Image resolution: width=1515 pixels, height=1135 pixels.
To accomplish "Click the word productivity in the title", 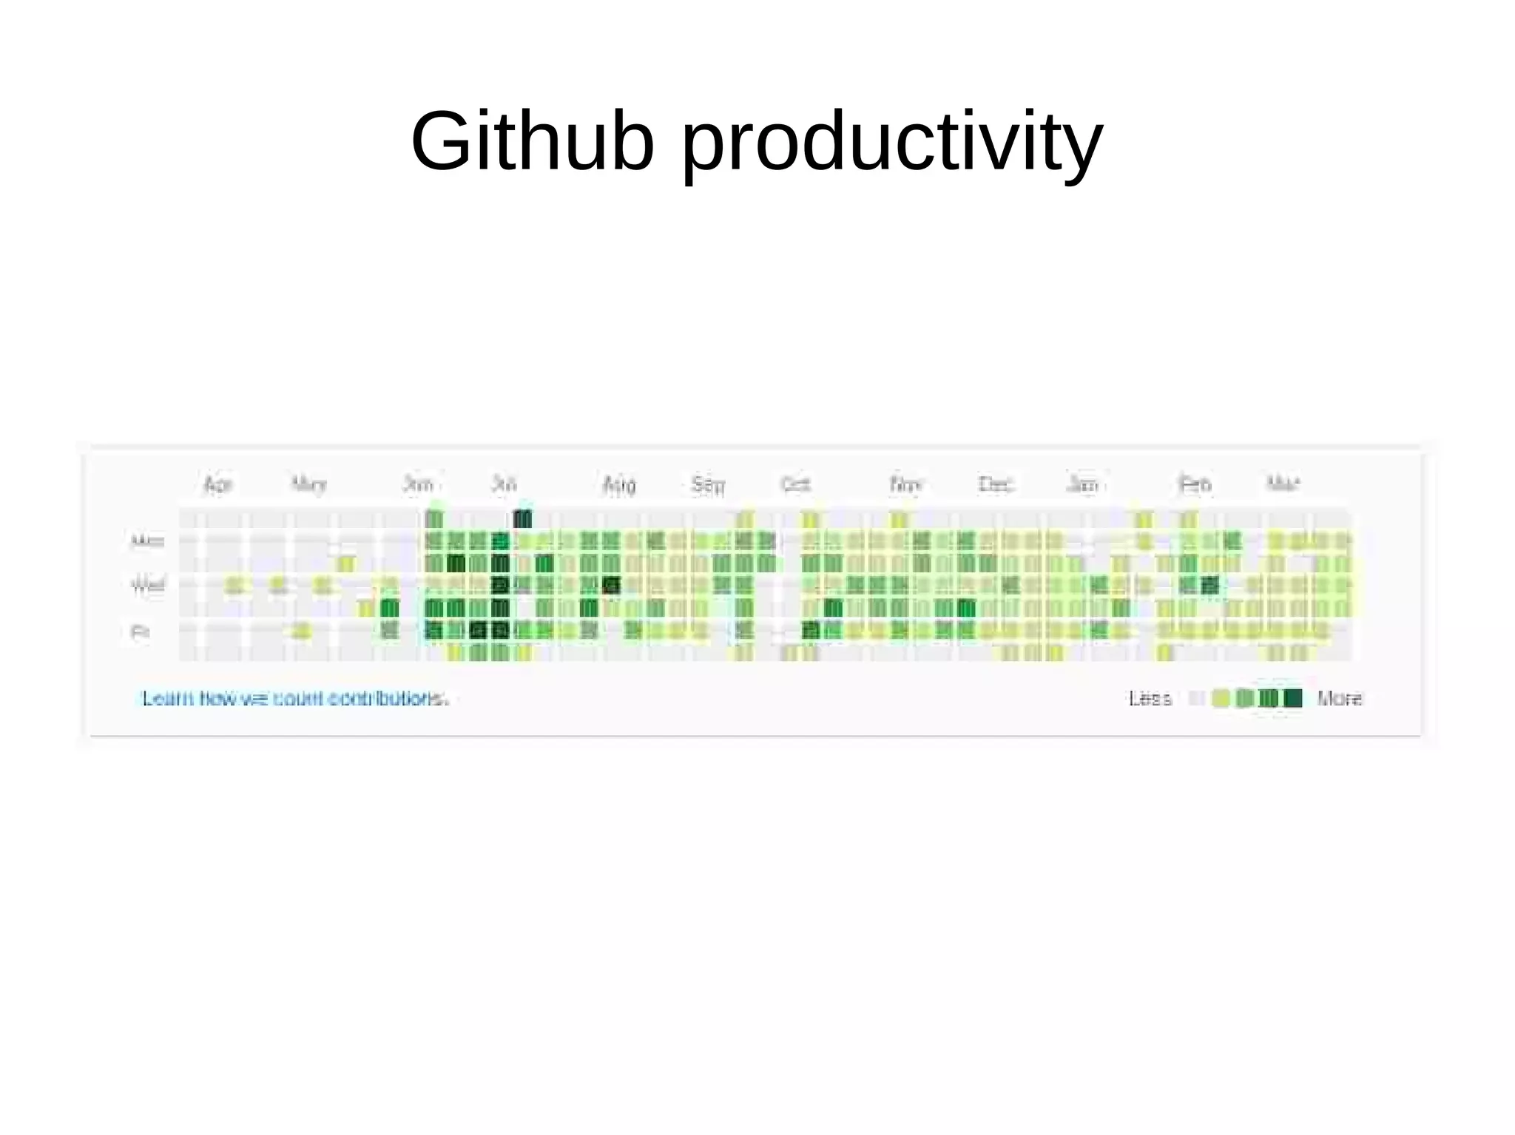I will [891, 144].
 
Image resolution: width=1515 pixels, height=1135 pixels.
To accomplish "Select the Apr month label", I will [217, 484].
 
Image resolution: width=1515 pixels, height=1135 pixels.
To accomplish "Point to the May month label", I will [308, 484].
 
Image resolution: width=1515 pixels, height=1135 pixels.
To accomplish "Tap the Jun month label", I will [418, 484].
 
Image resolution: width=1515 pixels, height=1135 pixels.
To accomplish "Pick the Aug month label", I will [619, 484].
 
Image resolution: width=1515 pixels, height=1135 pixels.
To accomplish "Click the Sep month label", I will [708, 484].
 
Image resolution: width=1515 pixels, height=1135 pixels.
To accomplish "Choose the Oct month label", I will [796, 484].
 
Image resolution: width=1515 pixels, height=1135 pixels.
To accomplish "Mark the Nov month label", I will [905, 484].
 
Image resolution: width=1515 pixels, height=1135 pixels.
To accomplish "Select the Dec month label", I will [995, 484].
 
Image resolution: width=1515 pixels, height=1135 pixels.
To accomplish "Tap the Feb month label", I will [1195, 484].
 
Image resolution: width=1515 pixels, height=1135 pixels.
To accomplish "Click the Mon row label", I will [146, 541].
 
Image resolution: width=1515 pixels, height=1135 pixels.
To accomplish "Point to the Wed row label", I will [147, 586].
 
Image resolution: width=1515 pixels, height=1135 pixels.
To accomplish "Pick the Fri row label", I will [140, 631].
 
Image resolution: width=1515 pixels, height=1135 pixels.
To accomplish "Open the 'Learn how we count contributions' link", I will [295, 698].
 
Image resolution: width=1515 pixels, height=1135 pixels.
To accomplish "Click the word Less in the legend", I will [1150, 699].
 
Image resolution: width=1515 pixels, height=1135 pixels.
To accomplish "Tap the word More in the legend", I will [1340, 699].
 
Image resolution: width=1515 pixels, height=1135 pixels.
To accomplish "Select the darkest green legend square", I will [1292, 698].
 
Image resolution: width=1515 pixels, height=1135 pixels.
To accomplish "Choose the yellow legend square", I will [1221, 698].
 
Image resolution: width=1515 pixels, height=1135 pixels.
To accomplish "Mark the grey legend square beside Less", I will [1196, 698].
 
